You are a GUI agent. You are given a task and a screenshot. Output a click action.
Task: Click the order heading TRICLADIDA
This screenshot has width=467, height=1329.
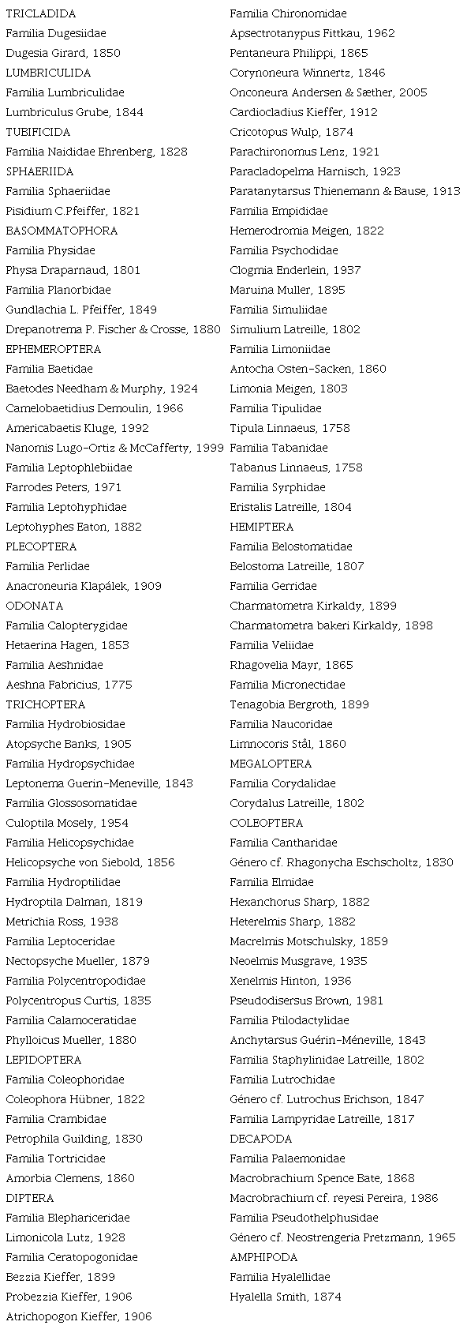[x=41, y=13]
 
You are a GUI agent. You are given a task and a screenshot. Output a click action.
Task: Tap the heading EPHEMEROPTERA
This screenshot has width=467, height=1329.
[x=54, y=349]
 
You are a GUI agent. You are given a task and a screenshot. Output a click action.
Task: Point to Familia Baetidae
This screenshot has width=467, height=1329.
[x=49, y=369]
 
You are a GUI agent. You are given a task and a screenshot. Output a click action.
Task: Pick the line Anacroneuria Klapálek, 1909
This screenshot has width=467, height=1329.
[x=84, y=586]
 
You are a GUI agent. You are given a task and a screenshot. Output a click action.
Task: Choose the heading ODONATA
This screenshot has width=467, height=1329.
[x=35, y=606]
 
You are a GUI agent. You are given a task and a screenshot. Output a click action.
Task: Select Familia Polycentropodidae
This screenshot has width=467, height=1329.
[x=76, y=981]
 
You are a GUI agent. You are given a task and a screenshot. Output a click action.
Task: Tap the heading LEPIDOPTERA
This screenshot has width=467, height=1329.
[x=43, y=1060]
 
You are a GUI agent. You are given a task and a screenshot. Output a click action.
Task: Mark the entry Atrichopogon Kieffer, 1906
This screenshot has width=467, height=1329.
[x=79, y=1316]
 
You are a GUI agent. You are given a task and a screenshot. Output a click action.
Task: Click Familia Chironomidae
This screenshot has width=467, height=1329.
[x=288, y=13]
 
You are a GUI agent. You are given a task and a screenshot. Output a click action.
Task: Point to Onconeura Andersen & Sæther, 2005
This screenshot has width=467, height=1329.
[x=328, y=92]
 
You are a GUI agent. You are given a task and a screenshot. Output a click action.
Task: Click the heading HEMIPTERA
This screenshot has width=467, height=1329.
[x=262, y=527]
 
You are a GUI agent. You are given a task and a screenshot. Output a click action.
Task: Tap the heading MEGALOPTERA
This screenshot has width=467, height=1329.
[x=271, y=764]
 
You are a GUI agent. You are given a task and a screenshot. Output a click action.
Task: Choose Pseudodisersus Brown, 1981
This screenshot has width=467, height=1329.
[x=307, y=1001]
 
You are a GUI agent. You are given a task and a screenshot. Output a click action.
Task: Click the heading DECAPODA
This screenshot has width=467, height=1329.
[x=261, y=1139]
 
